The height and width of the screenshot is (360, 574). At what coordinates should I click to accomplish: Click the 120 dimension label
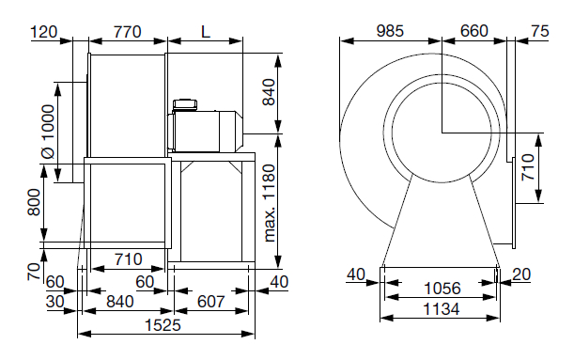coord(43,32)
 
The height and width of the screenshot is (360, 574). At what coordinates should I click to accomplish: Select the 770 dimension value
coord(127,32)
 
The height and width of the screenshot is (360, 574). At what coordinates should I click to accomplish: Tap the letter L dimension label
coord(206,32)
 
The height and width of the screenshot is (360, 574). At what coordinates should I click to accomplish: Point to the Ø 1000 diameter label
coord(48,132)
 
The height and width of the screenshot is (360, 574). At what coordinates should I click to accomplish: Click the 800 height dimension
coord(34,202)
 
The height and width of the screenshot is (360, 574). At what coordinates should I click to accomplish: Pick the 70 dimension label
coord(34,272)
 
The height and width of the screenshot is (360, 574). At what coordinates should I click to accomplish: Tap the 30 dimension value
coord(54,302)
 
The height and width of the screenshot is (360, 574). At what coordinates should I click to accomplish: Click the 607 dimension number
coord(210,302)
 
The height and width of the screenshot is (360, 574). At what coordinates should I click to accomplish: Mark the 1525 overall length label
coord(163,325)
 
